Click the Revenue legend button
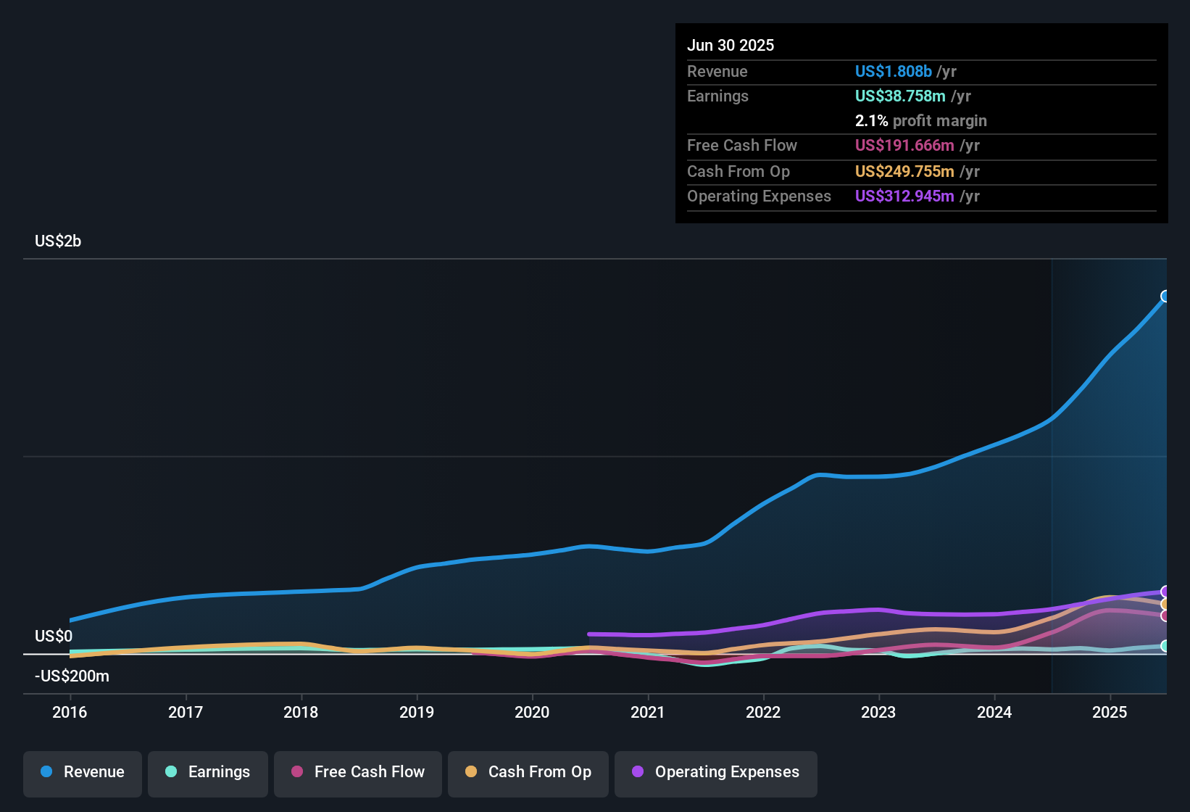tap(83, 772)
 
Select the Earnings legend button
tap(208, 772)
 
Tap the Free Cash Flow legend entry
tap(358, 772)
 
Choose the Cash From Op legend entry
tap(528, 772)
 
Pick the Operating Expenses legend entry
tap(716, 772)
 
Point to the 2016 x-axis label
tap(70, 712)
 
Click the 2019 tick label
tap(417, 712)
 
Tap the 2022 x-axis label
tap(763, 712)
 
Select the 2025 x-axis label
tap(1110, 712)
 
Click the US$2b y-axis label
tap(58, 241)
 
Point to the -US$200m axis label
tap(72, 676)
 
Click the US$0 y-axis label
tap(54, 637)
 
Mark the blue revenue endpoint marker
tap(1165, 296)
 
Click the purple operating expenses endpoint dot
tap(1165, 592)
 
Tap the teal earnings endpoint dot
tap(1165, 646)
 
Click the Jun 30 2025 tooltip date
tap(731, 45)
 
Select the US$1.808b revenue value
tap(893, 71)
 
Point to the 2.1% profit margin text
tap(920, 120)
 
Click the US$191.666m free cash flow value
tap(904, 145)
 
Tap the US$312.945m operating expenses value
tap(904, 196)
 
